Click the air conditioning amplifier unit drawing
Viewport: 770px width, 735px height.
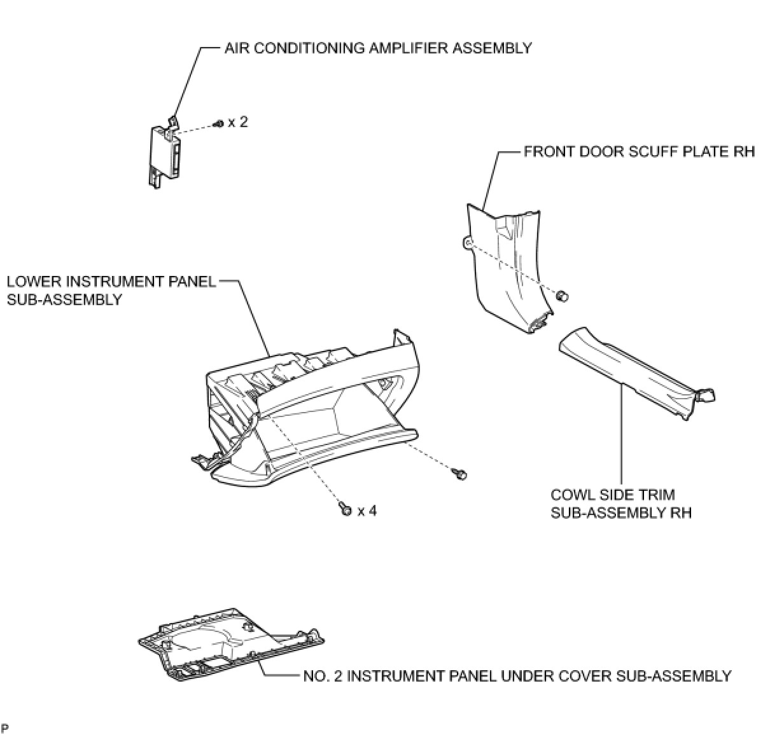[164, 153]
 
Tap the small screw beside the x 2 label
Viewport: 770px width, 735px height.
[219, 123]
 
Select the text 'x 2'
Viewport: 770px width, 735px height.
[238, 121]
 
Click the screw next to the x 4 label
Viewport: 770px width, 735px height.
[346, 509]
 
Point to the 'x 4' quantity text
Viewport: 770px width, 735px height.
[367, 511]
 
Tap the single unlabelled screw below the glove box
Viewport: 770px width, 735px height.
[459, 473]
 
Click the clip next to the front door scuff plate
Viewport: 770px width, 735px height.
[562, 296]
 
